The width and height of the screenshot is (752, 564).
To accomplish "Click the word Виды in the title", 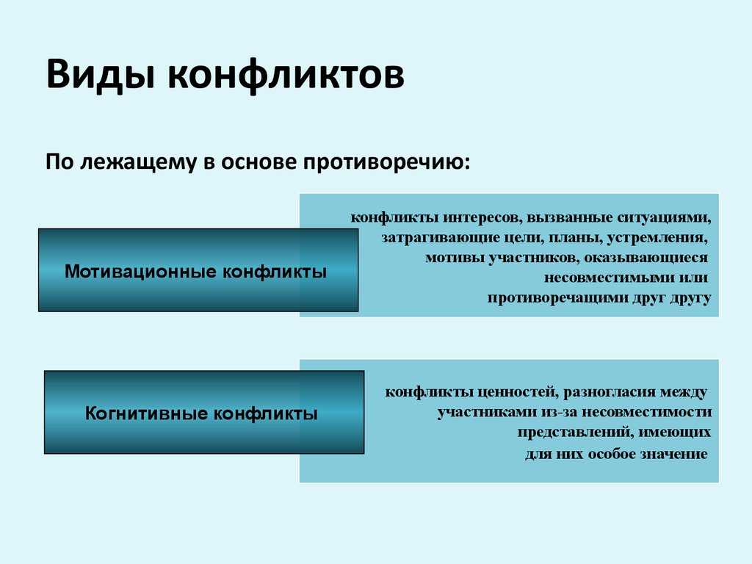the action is pos(101,75).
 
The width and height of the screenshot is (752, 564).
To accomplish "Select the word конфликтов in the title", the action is pos(286,75).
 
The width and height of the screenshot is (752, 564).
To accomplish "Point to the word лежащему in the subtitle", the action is pos(138,162).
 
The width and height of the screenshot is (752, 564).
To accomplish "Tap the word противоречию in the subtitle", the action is pos(386,162).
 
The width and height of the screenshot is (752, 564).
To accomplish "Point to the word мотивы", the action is pos(454,258).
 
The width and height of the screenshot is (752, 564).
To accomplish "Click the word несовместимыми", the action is pos(601,278).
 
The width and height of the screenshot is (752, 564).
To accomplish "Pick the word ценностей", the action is pos(518,392).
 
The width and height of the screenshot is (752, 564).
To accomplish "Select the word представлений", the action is pos(569,433).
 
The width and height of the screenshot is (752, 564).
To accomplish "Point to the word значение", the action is pos(676,454).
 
